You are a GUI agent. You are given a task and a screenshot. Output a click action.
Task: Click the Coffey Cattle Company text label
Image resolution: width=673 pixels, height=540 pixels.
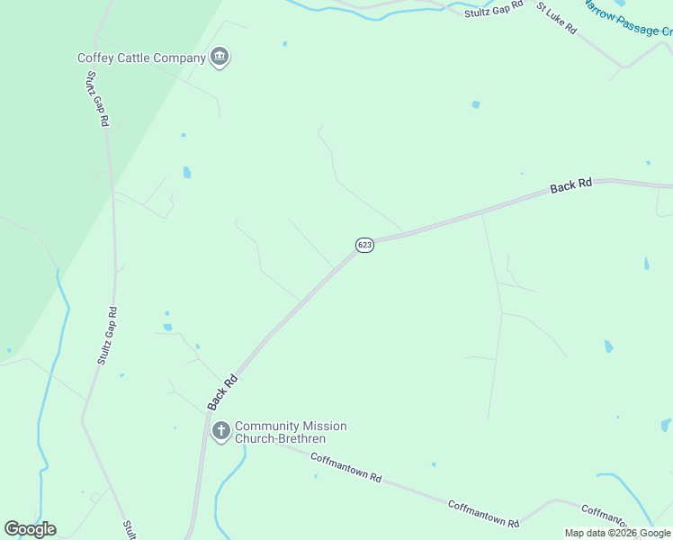coord(142,58)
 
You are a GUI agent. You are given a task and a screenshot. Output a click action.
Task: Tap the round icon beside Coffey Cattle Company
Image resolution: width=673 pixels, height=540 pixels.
coord(220,58)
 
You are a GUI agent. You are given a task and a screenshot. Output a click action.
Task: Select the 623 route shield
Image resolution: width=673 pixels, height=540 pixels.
coord(364,245)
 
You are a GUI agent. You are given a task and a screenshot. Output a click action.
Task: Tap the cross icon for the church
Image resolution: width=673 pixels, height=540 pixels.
coord(220,431)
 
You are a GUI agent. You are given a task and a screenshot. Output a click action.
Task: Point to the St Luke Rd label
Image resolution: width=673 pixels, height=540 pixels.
coord(557,18)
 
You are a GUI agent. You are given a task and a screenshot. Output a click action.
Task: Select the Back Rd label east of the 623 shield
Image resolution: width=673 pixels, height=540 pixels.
coord(571,186)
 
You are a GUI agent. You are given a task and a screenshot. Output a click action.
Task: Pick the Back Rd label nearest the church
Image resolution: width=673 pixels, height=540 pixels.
coord(222,392)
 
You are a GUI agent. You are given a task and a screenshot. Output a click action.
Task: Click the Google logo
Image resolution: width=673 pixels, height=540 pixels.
coord(31,529)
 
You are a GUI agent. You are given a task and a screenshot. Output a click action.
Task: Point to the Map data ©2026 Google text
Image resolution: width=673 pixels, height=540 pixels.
coord(617,533)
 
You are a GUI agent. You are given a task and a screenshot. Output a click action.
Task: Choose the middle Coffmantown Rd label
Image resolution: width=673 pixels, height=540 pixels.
coord(484,514)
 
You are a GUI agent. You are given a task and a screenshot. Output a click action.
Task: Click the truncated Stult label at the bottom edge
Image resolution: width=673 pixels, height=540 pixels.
coord(129,529)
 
